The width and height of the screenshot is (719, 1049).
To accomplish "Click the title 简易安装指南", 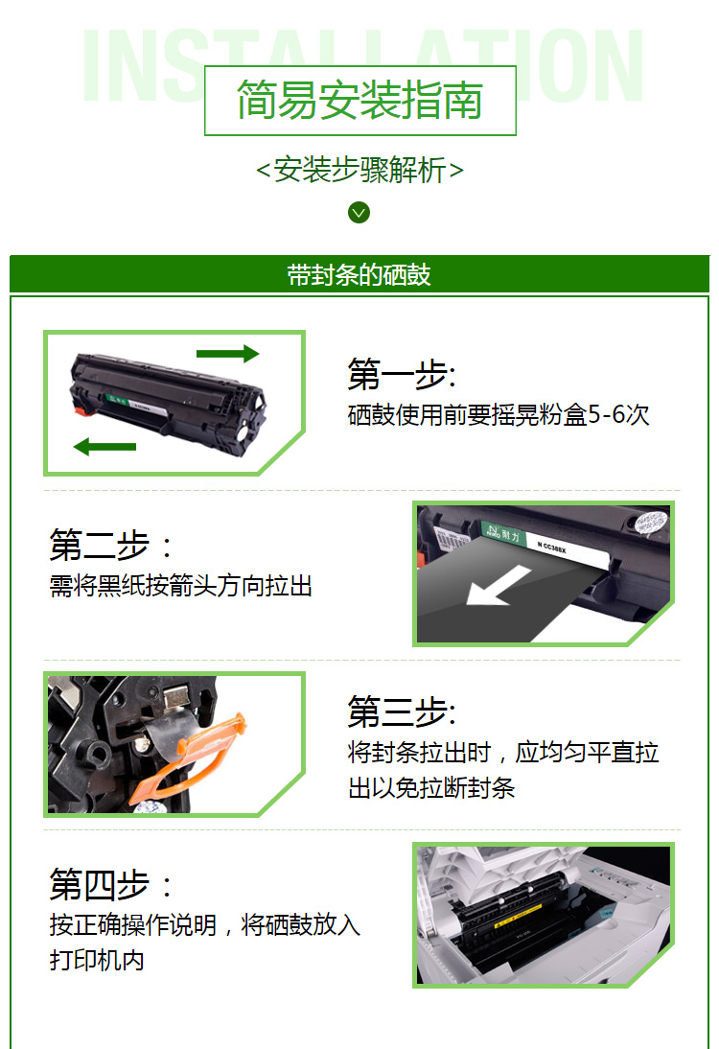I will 359,101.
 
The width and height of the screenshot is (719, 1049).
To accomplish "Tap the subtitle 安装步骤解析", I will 359,170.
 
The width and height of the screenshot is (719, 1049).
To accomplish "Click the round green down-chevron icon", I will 359,212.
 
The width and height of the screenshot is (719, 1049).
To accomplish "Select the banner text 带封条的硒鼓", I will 359,274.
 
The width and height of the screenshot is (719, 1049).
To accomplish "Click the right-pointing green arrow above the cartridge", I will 227,354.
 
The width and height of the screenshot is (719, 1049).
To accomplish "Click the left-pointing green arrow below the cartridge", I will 105,446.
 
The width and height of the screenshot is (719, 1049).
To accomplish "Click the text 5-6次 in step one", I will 618,415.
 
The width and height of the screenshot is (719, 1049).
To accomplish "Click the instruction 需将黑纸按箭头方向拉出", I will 181,586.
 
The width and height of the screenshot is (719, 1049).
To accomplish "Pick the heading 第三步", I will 401,712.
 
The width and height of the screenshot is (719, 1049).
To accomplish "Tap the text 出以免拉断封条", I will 431,788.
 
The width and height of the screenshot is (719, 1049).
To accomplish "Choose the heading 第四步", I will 112,884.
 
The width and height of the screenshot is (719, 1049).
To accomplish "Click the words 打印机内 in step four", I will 97,960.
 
